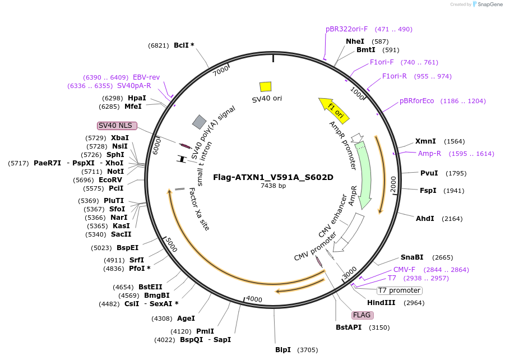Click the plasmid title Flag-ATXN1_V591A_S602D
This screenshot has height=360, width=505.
273,177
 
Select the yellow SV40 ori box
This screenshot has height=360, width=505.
266,86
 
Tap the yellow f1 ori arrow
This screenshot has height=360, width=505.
335,109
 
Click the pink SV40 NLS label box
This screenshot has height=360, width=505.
117,125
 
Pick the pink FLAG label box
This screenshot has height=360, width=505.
362,315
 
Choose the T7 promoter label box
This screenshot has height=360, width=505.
399,290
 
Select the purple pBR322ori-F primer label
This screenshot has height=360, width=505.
346,29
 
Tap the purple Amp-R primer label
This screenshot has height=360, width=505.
429,153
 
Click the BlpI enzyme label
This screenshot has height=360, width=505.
283,350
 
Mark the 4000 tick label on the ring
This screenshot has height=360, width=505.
254,299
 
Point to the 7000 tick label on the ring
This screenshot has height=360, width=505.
221,71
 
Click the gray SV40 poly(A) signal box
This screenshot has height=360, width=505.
199,122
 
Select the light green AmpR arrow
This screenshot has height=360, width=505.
364,174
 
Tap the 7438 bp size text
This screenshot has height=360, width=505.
273,186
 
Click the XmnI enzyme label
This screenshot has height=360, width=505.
424,141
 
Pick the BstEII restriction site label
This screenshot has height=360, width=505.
150,287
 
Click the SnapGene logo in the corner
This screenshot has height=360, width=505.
486,4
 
